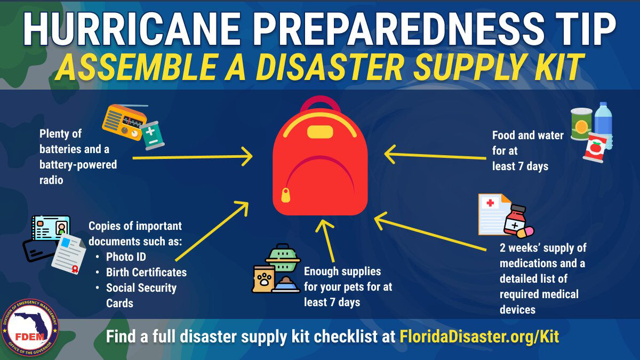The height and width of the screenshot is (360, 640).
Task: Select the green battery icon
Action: (152, 135)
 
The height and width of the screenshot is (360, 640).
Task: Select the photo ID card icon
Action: (51, 229)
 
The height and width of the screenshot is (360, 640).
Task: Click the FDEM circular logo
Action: (30, 329)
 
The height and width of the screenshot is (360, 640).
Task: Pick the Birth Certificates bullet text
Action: (146, 272)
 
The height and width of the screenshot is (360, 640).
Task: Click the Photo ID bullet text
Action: (126, 257)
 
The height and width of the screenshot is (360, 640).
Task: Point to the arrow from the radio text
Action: (192, 157)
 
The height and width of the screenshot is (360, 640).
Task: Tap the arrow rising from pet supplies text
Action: (327, 240)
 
